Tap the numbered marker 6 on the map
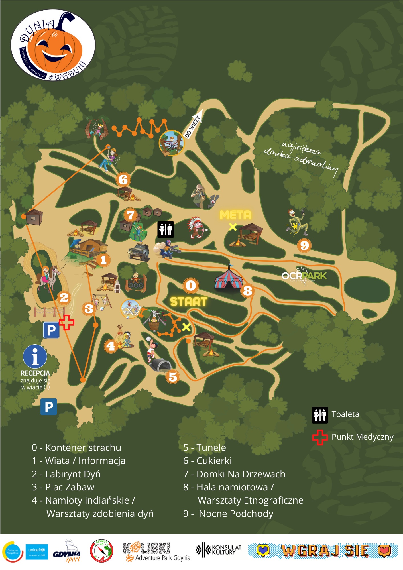coord(123,180)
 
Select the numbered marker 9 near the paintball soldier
coord(304,245)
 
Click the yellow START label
coord(188,302)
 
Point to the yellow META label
coord(235,215)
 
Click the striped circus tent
coord(228,278)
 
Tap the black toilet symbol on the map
coord(166,229)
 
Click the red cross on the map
coord(67,323)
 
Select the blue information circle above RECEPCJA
coord(35,356)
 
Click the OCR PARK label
coord(304,276)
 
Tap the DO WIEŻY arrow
coord(194,124)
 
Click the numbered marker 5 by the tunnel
coord(173,377)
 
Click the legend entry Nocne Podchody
coord(236,514)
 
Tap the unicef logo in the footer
coord(37,552)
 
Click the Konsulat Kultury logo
coord(219,550)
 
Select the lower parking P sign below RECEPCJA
coord(49,407)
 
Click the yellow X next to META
coord(233,227)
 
